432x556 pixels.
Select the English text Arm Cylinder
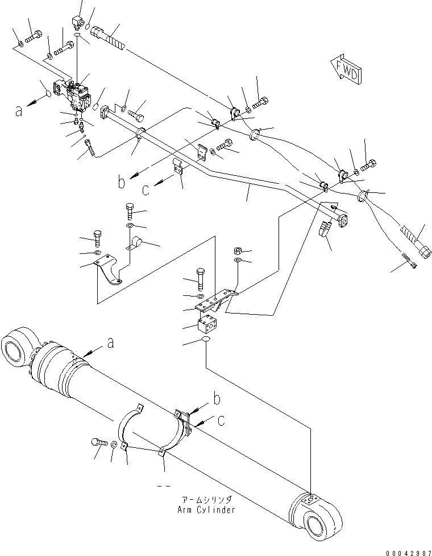tap(206, 509)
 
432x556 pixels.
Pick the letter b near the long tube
tap(121, 183)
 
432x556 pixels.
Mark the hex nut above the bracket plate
tap(239, 250)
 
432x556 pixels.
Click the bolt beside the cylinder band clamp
tap(98, 442)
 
